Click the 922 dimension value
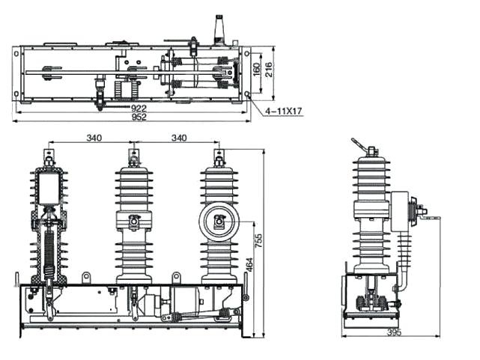click(x=139, y=109)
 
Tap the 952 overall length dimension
click(x=139, y=117)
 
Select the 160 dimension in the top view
click(x=257, y=69)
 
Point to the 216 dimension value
click(x=269, y=69)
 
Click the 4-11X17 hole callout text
click(x=284, y=112)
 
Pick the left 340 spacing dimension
click(x=94, y=138)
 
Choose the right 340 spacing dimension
click(x=179, y=138)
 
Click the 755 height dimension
click(x=259, y=241)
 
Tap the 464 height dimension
click(x=249, y=265)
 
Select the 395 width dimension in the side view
click(x=394, y=332)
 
